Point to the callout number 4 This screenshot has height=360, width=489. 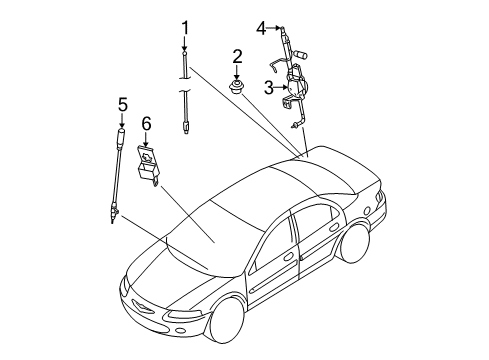point(260,27)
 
